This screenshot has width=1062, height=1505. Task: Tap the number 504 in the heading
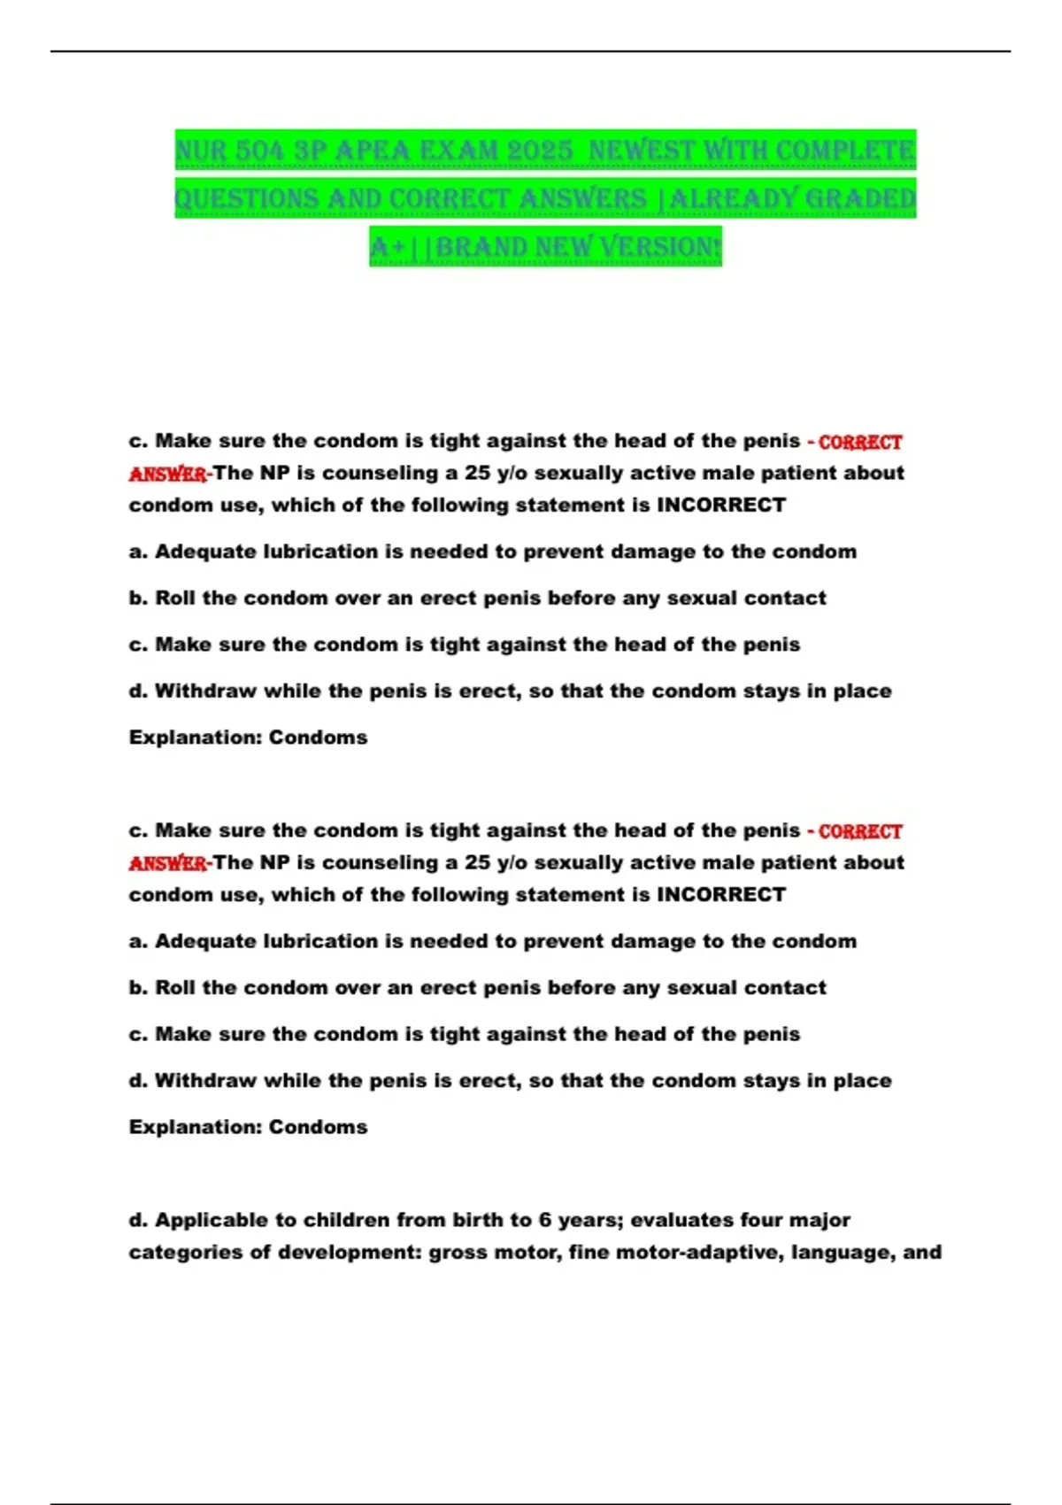[256, 150]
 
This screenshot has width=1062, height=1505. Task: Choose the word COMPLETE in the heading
[845, 150]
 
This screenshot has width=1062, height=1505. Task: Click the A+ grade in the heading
[389, 247]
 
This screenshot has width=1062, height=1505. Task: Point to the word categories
[188, 1252]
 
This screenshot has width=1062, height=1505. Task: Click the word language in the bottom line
[842, 1252]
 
